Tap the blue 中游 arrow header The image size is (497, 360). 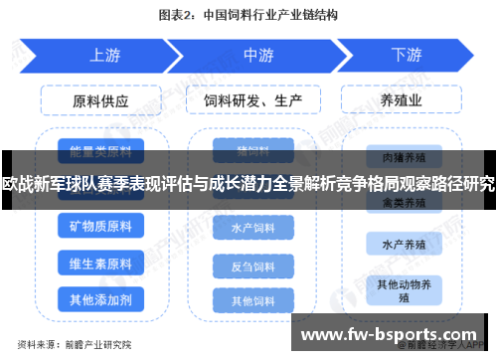click(257, 56)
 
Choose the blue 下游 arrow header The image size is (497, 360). click(406, 56)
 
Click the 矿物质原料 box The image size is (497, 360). click(100, 228)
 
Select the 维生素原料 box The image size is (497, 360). click(100, 264)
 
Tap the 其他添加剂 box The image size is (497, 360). click(100, 298)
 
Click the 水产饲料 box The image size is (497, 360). click(252, 229)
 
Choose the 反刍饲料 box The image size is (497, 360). click(252, 267)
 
